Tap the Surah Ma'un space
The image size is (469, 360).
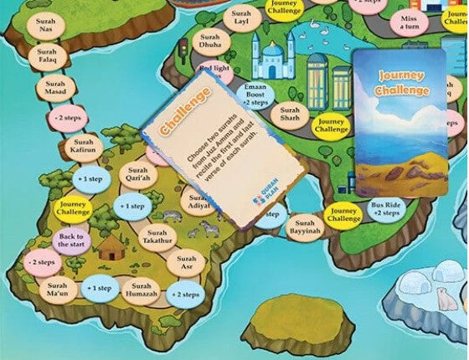pos(57,289)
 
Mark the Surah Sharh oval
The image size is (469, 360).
pos(290,114)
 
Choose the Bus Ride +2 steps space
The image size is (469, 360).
pos(386,209)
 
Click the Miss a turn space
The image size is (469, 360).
pos(409,23)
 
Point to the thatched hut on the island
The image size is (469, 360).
pos(111,247)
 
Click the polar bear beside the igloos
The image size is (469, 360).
pos(443,297)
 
